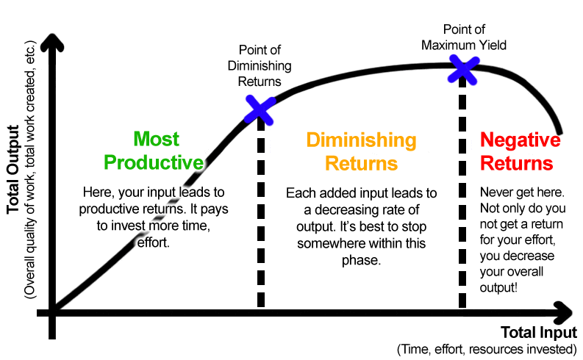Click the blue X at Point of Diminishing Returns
(259, 108)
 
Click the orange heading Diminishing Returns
(361, 151)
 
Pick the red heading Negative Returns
(520, 151)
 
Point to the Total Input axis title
(539, 331)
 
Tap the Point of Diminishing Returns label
(260, 66)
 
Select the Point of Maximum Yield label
(464, 36)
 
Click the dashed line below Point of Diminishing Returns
(260, 220)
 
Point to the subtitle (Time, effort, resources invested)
(486, 348)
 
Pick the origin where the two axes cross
(52, 312)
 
